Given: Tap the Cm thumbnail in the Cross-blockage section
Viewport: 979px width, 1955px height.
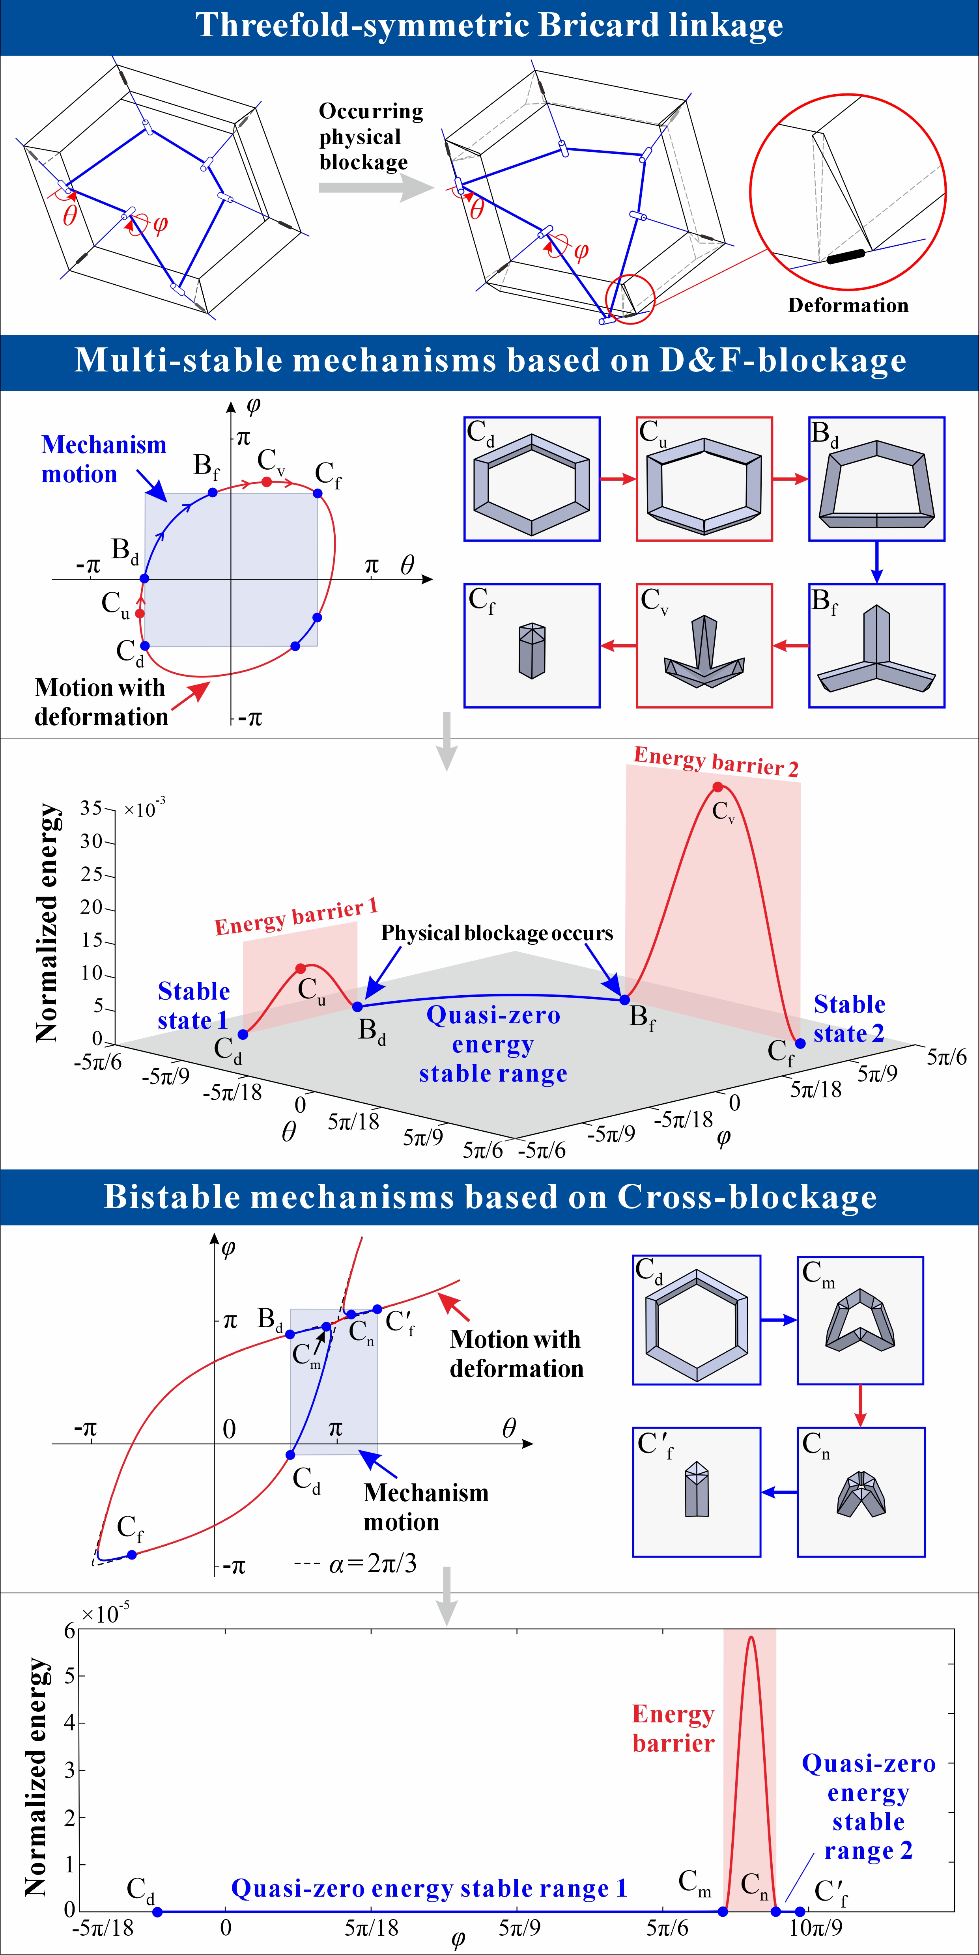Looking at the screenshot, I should coord(860,1321).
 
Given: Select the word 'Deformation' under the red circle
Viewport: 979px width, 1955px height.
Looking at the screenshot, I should coord(848,305).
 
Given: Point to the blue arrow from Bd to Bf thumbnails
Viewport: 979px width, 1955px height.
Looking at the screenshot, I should coord(876,562).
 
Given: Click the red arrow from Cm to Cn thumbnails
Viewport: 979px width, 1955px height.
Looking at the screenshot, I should coord(860,1406).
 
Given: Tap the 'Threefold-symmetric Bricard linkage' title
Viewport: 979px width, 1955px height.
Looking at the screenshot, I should coord(489,26).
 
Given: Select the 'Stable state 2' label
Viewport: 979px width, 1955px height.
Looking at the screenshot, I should coord(849,1019).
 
